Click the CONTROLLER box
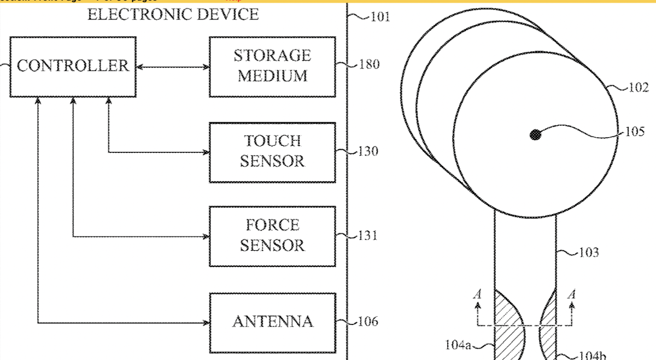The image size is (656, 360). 73,67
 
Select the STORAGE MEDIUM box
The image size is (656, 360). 272,66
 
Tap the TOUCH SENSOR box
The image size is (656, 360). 272,151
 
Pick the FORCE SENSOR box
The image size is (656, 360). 272,235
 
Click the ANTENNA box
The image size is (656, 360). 272,321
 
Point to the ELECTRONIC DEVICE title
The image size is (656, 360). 173,14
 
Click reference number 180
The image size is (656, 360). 369,65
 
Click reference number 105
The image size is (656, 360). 634,132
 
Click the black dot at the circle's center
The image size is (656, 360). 536,134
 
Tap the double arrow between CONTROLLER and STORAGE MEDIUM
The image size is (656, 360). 173,67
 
